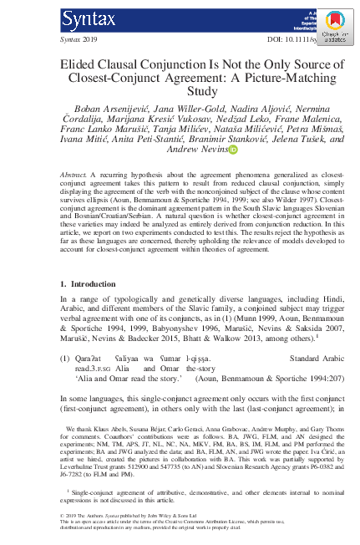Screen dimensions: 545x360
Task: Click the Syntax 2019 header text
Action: click(79, 39)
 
